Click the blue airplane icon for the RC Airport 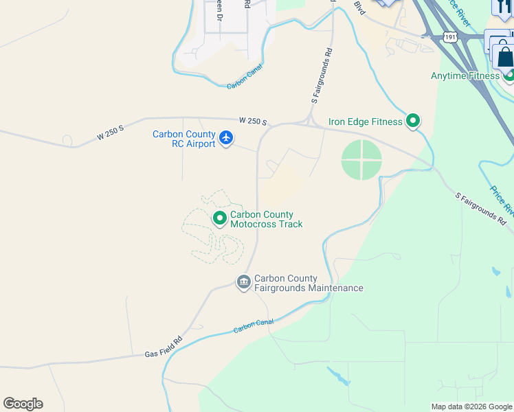pyautogui.click(x=226, y=139)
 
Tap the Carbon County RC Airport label pyautogui.click(x=184, y=139)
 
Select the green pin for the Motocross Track pyautogui.click(x=220, y=219)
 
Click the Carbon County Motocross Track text pyautogui.click(x=266, y=219)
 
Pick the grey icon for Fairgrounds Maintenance pyautogui.click(x=243, y=283)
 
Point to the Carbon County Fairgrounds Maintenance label pyautogui.click(x=309, y=283)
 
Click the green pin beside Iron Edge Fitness pyautogui.click(x=413, y=122)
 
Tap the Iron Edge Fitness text pyautogui.click(x=365, y=122)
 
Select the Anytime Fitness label pyautogui.click(x=465, y=76)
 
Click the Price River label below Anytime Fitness pyautogui.click(x=501, y=199)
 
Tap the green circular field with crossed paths pyautogui.click(x=361, y=160)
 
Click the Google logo pyautogui.click(x=23, y=404)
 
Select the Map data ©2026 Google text pyautogui.click(x=471, y=407)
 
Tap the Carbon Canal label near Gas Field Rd pyautogui.click(x=254, y=325)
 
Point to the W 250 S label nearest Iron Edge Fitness pyautogui.click(x=253, y=121)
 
